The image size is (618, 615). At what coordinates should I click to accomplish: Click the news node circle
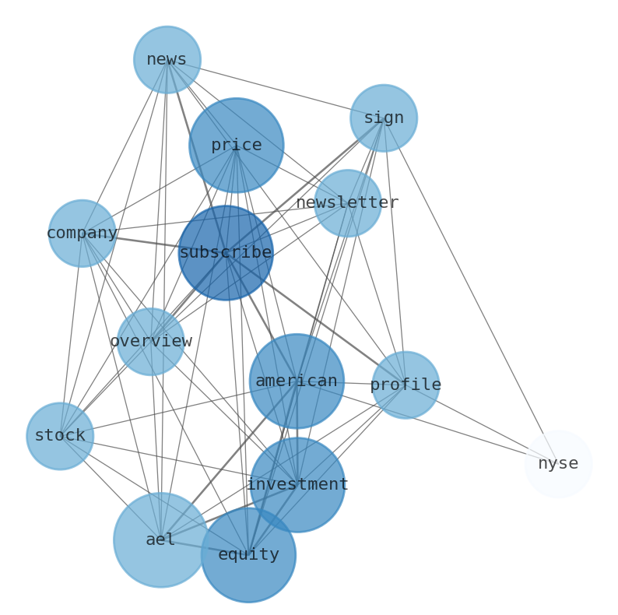click(167, 60)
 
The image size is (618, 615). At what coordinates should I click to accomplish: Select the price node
click(236, 145)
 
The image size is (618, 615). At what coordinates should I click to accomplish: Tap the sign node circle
click(383, 118)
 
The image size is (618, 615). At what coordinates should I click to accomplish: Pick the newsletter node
click(348, 203)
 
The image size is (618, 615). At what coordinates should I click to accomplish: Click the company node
click(82, 234)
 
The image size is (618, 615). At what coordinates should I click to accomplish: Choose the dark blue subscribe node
click(226, 253)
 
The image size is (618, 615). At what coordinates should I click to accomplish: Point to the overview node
click(150, 342)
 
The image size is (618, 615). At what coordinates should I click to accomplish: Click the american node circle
click(297, 381)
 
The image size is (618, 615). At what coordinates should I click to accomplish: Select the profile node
click(406, 385)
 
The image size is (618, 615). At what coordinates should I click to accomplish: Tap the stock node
click(60, 436)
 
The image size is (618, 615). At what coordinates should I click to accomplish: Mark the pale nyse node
click(558, 464)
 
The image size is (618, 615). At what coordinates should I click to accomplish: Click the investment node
click(297, 485)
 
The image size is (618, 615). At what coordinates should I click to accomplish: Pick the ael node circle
click(160, 540)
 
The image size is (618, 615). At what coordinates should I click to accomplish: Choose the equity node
click(248, 555)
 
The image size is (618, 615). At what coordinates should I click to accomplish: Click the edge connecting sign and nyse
click(471, 291)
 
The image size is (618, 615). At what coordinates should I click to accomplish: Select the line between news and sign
click(275, 89)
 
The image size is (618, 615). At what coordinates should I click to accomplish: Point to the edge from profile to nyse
click(482, 424)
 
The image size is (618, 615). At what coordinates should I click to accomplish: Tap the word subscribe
click(226, 253)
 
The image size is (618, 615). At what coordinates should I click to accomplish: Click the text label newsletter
click(348, 203)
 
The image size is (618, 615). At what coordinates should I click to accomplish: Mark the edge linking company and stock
click(71, 335)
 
